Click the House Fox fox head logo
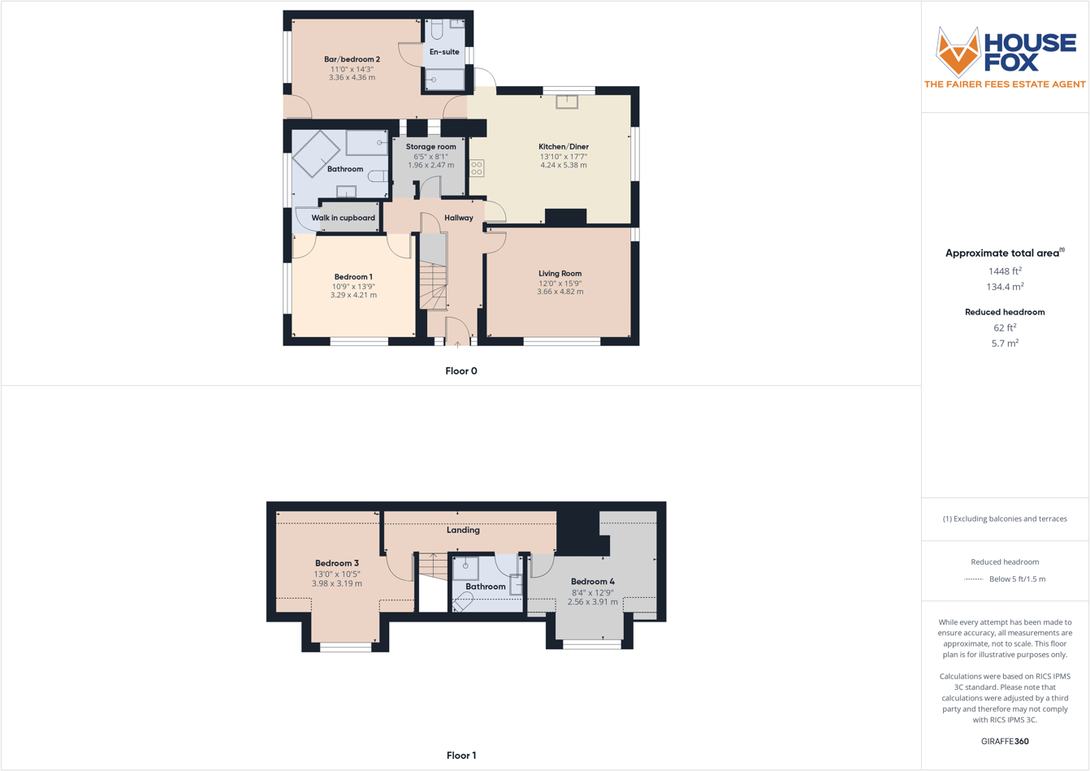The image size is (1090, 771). (x=958, y=52)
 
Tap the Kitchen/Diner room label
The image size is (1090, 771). (x=564, y=147)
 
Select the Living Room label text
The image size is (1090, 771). (x=560, y=274)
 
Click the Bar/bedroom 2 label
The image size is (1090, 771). (x=352, y=59)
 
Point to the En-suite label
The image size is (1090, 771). (x=444, y=52)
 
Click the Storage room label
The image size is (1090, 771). (x=430, y=147)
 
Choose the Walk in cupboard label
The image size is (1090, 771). (x=344, y=218)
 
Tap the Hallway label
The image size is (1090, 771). (x=459, y=218)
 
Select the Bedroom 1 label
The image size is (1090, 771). (x=353, y=277)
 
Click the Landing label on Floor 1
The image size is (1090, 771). (x=463, y=530)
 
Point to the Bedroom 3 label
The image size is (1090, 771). (x=337, y=563)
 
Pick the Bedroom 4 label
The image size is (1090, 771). (x=593, y=582)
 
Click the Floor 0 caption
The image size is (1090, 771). (x=461, y=371)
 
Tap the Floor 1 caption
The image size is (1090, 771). (x=461, y=756)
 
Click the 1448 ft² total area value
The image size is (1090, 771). (x=1005, y=271)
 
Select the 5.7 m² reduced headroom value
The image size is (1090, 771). (x=1005, y=344)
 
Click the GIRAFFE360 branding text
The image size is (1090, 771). (x=1005, y=741)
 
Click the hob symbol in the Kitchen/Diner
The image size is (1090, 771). (x=477, y=168)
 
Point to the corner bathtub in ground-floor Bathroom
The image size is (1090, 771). (x=316, y=153)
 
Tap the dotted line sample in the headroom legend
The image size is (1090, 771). (x=973, y=579)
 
